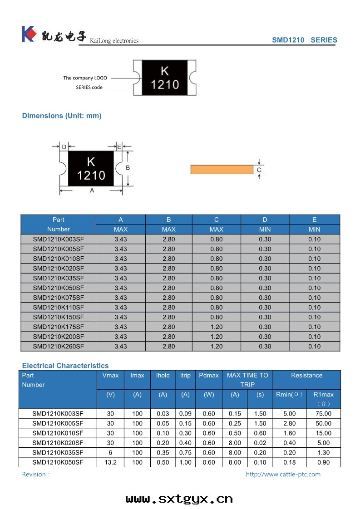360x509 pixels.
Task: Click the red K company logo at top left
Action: (28, 34)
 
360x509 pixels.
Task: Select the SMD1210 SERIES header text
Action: (304, 40)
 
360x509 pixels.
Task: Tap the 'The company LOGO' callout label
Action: (85, 78)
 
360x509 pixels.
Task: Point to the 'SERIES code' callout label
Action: (89, 87)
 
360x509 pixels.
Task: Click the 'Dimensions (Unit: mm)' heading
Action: (62, 116)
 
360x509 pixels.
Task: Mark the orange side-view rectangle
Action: (222, 170)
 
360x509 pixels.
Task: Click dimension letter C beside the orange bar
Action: (259, 170)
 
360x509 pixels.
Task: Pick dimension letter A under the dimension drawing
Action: (92, 191)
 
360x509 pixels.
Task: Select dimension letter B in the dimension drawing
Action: (128, 167)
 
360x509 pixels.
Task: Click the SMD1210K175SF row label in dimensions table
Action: (59, 327)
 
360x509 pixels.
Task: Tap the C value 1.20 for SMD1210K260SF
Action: (217, 346)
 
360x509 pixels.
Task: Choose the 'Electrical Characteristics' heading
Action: (65, 366)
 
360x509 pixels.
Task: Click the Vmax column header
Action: (110, 375)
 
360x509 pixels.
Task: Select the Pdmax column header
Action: (209, 375)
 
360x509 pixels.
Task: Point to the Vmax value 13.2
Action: (111, 462)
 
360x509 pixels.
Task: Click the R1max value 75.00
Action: (323, 414)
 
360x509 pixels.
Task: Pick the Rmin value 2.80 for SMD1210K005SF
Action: (289, 423)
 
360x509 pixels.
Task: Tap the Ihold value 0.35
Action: (163, 452)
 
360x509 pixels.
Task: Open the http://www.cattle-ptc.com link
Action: (283, 474)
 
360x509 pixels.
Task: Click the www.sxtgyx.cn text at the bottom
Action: (179, 499)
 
